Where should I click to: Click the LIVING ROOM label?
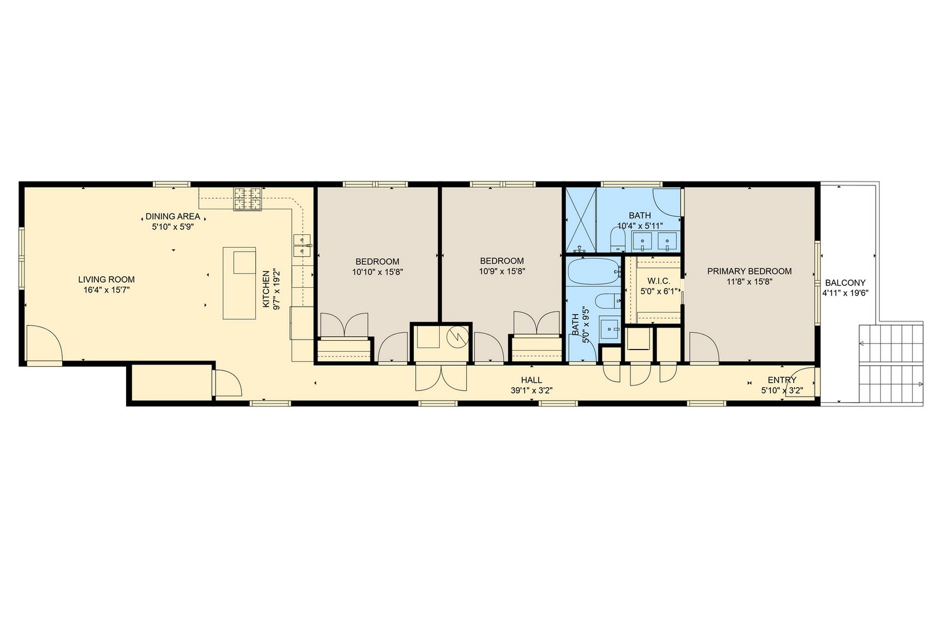pyautogui.click(x=106, y=279)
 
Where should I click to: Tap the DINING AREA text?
pyautogui.click(x=173, y=216)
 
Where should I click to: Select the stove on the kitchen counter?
pyautogui.click(x=248, y=199)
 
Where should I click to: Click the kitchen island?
pyautogui.click(x=240, y=283)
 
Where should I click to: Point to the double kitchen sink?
pyautogui.click(x=302, y=245)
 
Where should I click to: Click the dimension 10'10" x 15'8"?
pyautogui.click(x=377, y=272)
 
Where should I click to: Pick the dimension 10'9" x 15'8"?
pyautogui.click(x=502, y=271)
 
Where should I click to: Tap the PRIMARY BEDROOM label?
pyautogui.click(x=749, y=271)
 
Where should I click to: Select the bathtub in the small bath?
pyautogui.click(x=593, y=272)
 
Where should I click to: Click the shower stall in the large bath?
pyautogui.click(x=581, y=221)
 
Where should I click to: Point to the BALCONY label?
pyautogui.click(x=845, y=283)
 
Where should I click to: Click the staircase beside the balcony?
pyautogui.click(x=891, y=363)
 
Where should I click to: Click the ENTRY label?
pyautogui.click(x=782, y=380)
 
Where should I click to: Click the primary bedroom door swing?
pyautogui.click(x=702, y=347)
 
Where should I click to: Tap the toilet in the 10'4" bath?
pyautogui.click(x=617, y=239)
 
